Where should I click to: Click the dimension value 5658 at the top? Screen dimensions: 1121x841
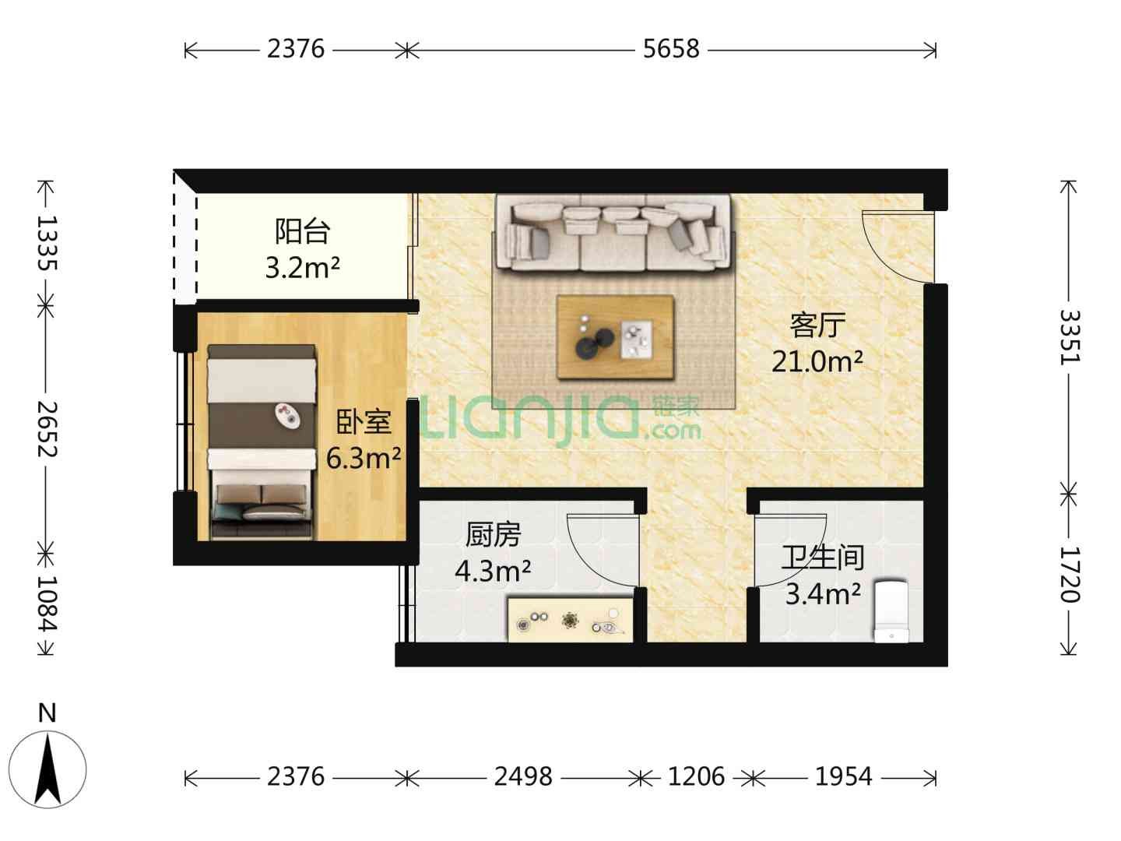click(670, 50)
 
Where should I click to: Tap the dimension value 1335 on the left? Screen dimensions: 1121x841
click(47, 242)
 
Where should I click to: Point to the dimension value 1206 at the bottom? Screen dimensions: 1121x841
click(696, 776)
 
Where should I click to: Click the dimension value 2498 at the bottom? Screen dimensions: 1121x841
click(523, 776)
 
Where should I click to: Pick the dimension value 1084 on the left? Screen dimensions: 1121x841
click(47, 603)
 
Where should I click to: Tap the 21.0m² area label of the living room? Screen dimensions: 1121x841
click(817, 361)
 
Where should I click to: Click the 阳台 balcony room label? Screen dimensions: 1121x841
click(302, 231)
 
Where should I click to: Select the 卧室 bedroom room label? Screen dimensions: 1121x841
click(364, 422)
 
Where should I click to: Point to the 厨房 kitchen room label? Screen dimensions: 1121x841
click(493, 535)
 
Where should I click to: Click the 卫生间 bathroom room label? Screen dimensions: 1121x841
click(822, 558)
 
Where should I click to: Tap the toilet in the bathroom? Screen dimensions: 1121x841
click(891, 611)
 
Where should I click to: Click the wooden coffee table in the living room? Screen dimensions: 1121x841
click(615, 336)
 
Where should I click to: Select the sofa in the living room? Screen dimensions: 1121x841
click(613, 232)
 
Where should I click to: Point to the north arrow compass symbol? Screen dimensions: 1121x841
click(47, 769)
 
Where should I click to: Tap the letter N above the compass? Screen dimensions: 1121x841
click(47, 713)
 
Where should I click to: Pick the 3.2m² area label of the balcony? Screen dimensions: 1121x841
click(302, 267)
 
